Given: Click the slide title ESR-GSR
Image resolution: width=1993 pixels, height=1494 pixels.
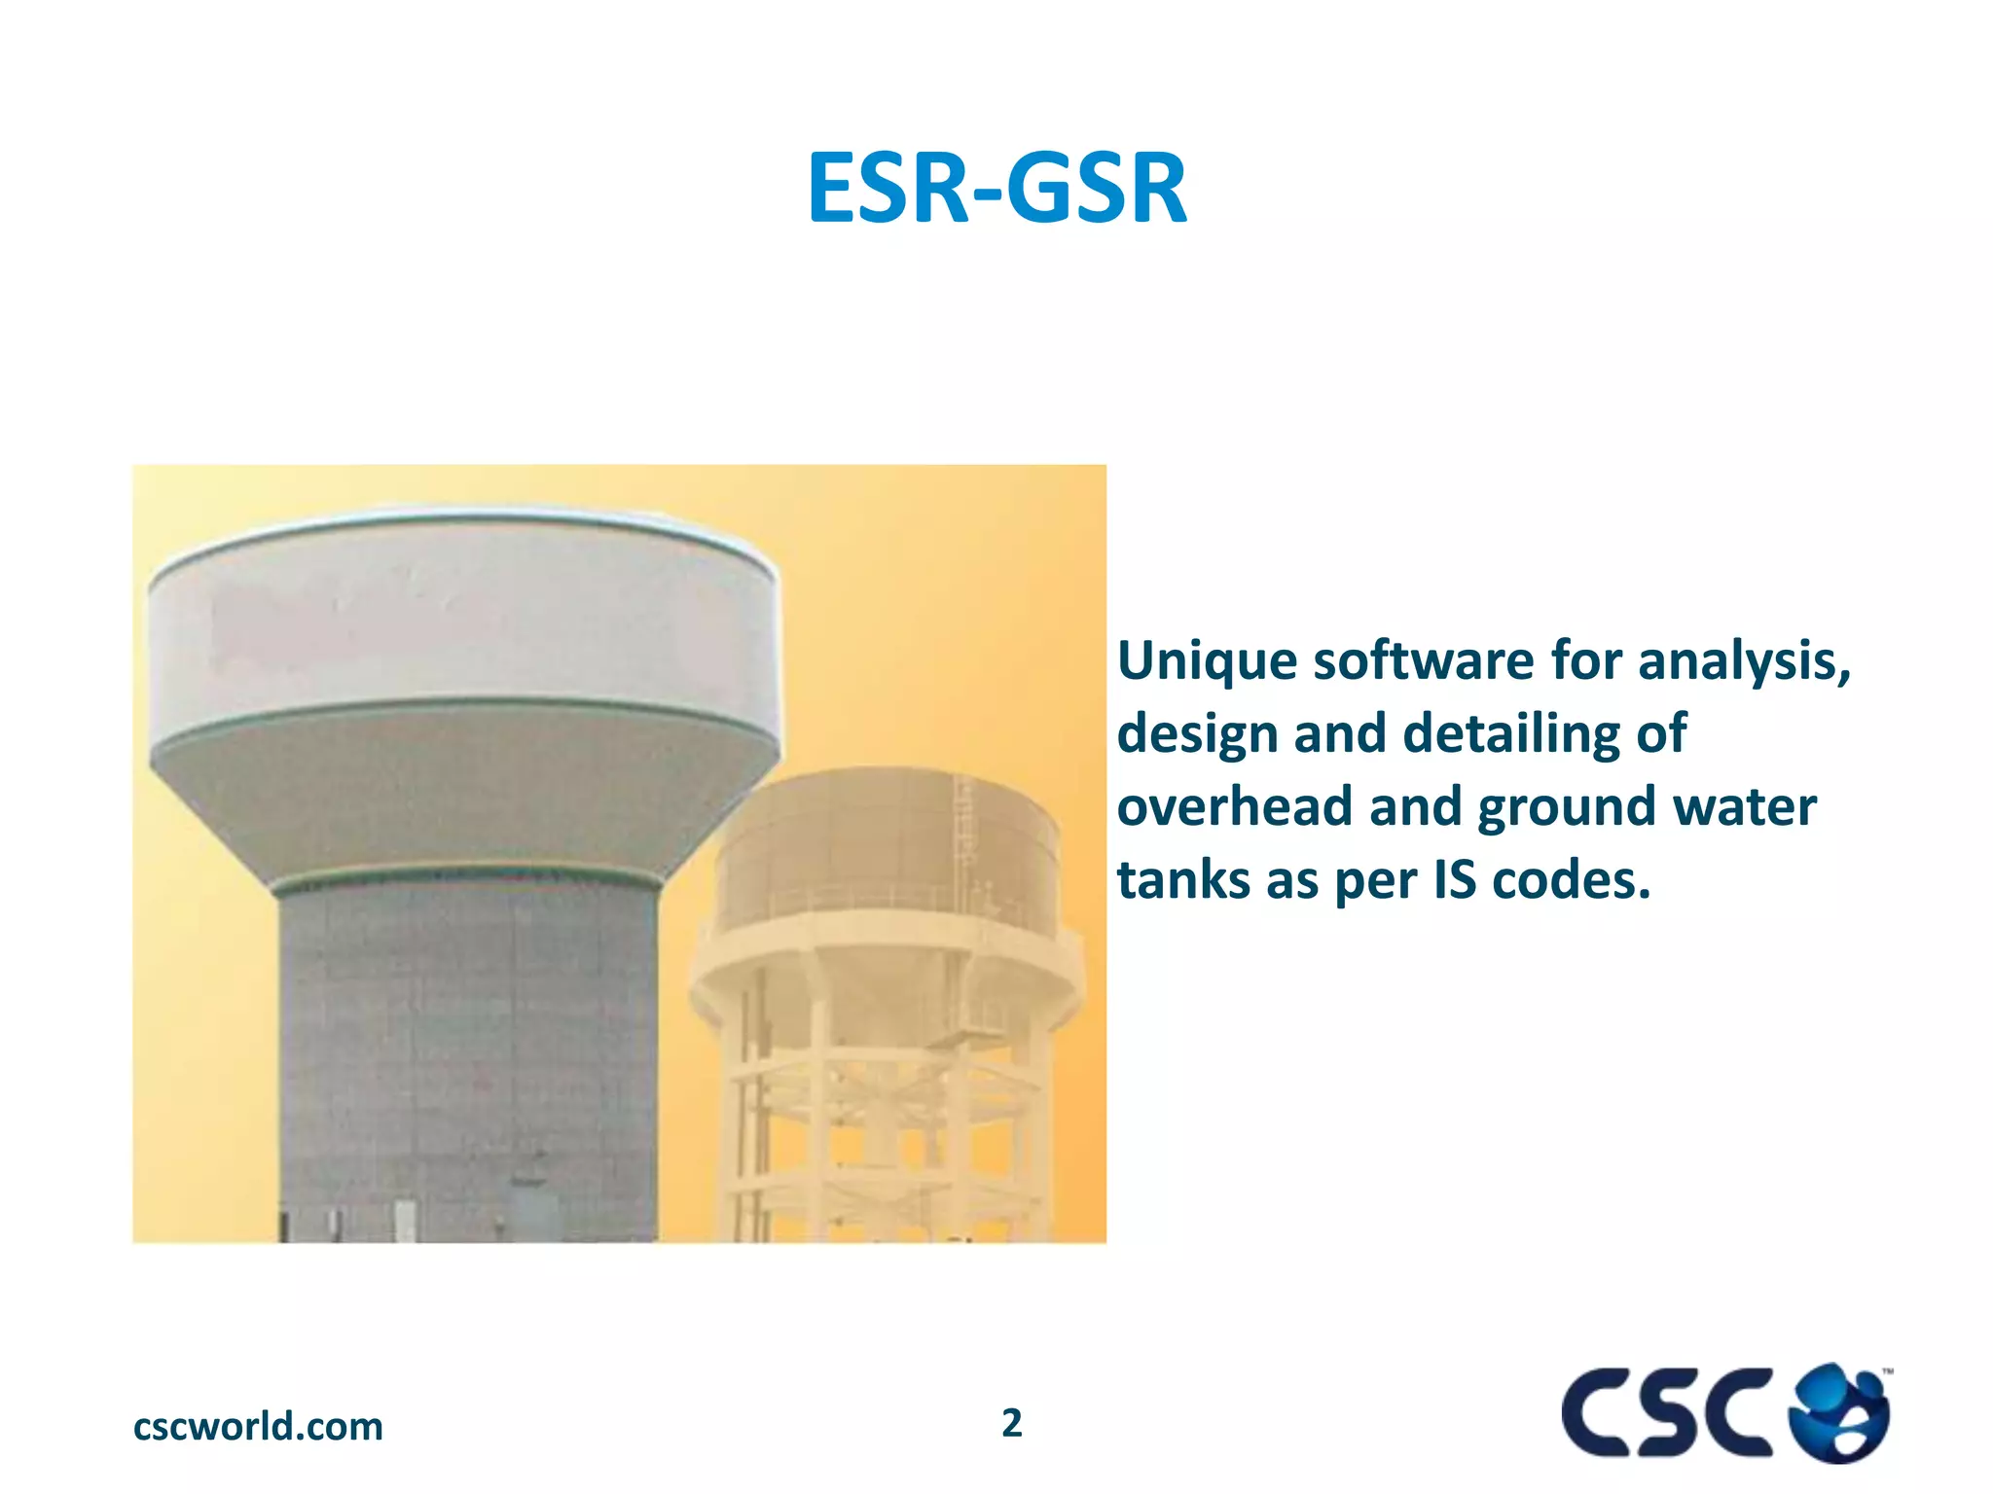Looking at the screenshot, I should (996, 188).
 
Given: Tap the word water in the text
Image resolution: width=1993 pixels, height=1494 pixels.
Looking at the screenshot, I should (1744, 807).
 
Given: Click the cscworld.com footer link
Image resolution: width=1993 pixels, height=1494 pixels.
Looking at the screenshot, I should (258, 1427).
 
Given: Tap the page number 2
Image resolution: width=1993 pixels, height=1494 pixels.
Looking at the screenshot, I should (1012, 1423).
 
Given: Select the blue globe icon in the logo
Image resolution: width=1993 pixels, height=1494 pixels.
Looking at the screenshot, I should (1840, 1412).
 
